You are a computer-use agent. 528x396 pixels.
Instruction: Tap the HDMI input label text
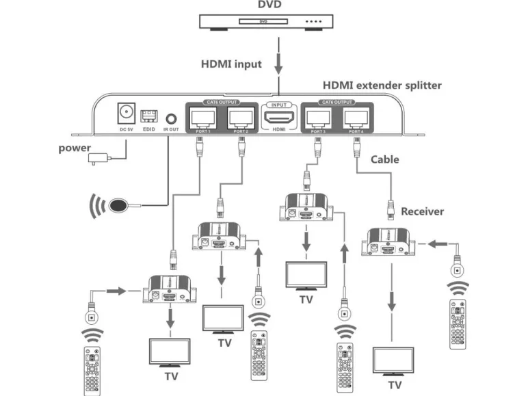pos(231,64)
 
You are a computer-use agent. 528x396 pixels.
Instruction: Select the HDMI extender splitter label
pos(382,85)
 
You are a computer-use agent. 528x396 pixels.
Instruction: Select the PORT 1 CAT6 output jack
pos(203,116)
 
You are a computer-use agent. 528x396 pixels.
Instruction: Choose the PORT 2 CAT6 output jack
pos(240,116)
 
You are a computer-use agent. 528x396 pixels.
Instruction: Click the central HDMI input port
pos(278,117)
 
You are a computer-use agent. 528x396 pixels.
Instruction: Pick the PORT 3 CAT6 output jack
pos(317,116)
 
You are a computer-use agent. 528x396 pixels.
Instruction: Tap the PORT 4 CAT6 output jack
pos(354,116)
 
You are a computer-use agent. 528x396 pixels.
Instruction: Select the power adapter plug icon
pos(98,160)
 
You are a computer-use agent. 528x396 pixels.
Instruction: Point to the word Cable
pos(385,159)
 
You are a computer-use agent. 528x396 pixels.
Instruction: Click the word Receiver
pos(422,211)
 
